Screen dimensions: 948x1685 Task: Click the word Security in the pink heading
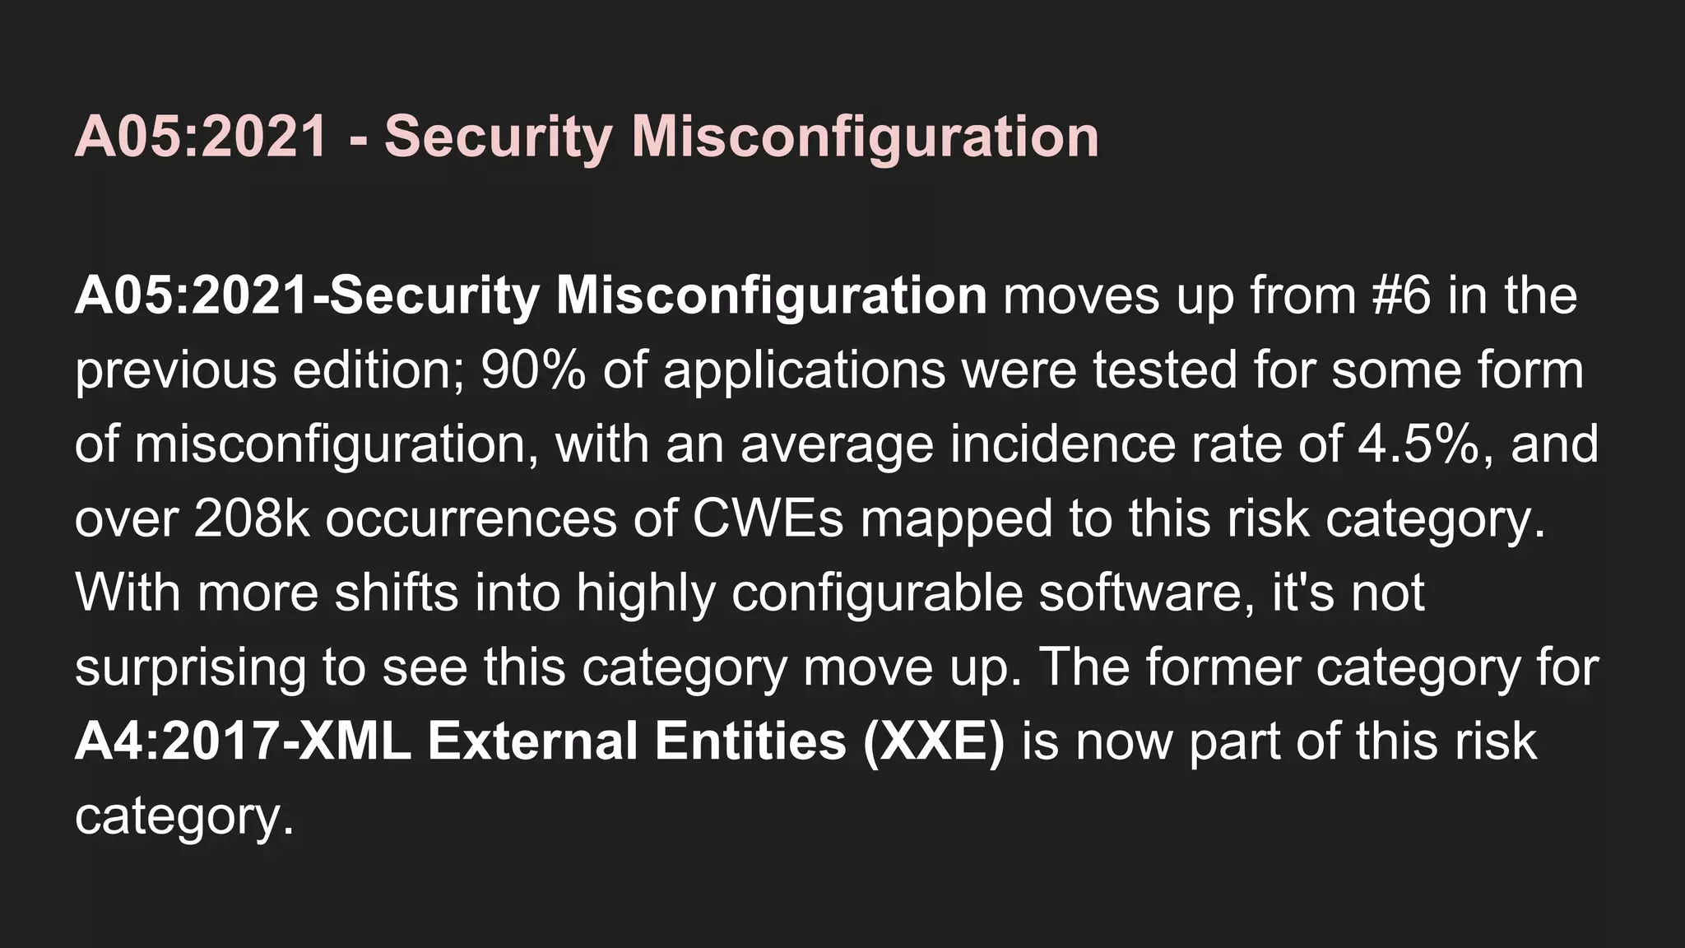pyautogui.click(x=498, y=137)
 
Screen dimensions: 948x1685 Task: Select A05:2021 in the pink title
pyautogui.click(x=202, y=137)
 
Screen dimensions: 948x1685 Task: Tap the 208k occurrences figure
pyautogui.click(x=252, y=518)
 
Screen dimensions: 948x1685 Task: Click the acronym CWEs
pyautogui.click(x=768, y=518)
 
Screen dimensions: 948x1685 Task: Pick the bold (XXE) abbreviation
pyautogui.click(x=934, y=741)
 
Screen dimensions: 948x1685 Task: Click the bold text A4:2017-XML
pyautogui.click(x=244, y=741)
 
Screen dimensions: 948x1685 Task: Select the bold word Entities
pyautogui.click(x=750, y=741)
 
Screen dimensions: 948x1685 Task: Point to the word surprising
pyautogui.click(x=190, y=668)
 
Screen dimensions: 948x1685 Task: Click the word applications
pyautogui.click(x=804, y=372)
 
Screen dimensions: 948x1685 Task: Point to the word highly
pyautogui.click(x=646, y=594)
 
